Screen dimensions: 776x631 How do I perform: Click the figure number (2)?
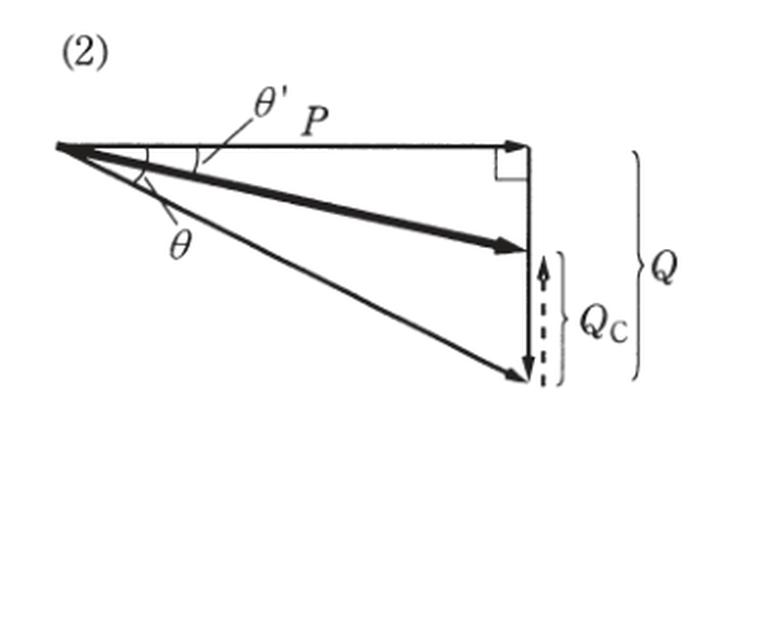click(85, 54)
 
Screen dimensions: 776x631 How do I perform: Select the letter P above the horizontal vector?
click(315, 122)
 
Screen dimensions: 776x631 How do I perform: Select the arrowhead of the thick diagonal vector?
click(510, 246)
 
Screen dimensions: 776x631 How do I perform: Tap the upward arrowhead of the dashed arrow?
click(544, 265)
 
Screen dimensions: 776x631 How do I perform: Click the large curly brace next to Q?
click(638, 265)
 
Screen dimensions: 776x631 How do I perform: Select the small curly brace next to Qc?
click(562, 318)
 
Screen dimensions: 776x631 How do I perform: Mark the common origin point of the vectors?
click(59, 146)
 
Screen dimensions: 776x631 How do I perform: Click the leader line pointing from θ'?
click(227, 141)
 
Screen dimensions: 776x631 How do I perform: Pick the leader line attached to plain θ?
click(160, 201)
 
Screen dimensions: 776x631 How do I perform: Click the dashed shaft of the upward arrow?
click(543, 331)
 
